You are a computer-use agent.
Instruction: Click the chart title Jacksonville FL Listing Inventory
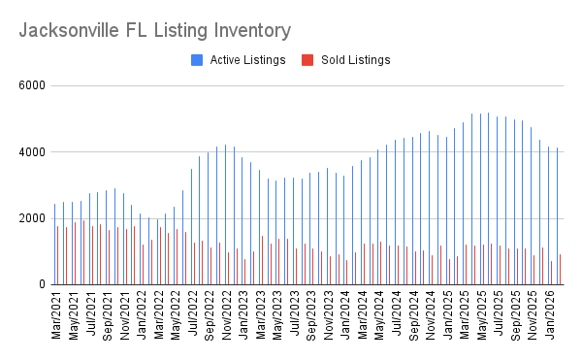click(154, 30)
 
